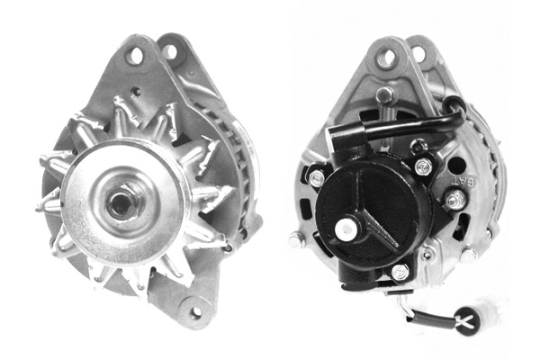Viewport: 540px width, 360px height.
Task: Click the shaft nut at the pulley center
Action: [x=120, y=201]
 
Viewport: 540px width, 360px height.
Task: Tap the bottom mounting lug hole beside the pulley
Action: [x=193, y=311]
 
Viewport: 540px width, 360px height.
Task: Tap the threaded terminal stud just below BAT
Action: [x=455, y=199]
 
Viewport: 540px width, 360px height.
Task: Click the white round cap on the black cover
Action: [x=346, y=230]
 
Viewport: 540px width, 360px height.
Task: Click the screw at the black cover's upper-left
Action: [x=317, y=178]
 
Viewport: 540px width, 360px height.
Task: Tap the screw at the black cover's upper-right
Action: [x=423, y=167]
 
